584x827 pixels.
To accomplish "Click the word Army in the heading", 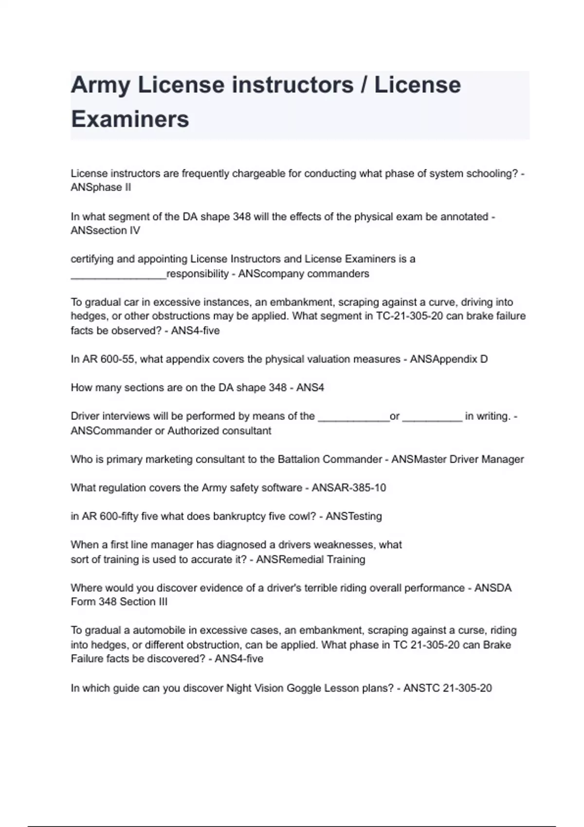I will [100, 85].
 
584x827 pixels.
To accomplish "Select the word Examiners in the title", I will [130, 119].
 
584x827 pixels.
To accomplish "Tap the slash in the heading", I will [364, 85].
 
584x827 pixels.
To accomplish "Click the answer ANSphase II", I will [101, 188].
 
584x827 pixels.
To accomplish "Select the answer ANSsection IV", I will [105, 231].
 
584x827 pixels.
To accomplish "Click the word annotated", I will [464, 216].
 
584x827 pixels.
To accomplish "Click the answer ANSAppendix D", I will [449, 360].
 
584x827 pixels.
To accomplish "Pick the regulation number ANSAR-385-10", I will [348, 488].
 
